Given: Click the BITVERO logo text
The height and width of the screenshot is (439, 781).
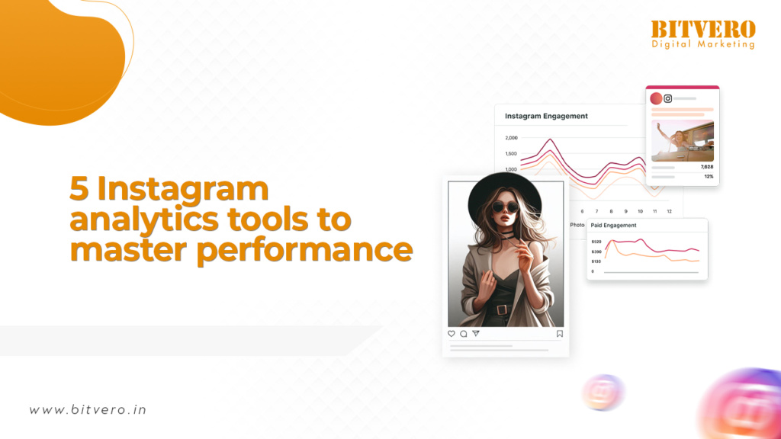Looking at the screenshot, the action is [x=703, y=29].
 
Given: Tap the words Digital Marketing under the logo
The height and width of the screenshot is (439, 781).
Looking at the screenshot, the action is [x=703, y=44].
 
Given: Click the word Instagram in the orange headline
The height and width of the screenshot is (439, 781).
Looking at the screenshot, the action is [x=183, y=190].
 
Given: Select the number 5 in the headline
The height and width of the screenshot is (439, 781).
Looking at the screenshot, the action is [x=79, y=188].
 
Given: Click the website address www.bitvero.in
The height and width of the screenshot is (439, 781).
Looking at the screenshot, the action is [x=88, y=409].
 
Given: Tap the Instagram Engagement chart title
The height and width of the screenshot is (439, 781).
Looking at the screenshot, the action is [x=546, y=116].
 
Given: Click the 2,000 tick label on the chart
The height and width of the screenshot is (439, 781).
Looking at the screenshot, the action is [x=512, y=138].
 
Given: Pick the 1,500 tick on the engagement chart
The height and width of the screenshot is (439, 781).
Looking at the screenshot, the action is [x=512, y=154].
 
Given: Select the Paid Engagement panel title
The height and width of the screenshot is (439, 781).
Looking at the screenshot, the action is [x=613, y=226].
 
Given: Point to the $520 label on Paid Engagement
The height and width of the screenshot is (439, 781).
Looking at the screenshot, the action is [x=596, y=242].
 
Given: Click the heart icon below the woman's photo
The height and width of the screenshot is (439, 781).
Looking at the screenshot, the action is [x=452, y=334].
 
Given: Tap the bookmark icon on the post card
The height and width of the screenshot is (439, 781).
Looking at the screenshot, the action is [x=560, y=334].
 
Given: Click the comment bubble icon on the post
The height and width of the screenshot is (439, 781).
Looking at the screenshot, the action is [x=464, y=334].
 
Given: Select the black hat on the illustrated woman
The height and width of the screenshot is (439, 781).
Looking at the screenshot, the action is [x=505, y=194].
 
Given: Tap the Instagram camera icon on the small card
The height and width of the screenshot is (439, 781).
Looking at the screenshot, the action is [x=668, y=98].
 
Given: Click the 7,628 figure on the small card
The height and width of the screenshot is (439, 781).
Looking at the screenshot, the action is [x=707, y=167].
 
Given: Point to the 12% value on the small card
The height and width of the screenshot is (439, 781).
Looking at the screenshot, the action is [x=709, y=177].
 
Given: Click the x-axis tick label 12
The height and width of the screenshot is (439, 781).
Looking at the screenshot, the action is [x=670, y=212].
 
